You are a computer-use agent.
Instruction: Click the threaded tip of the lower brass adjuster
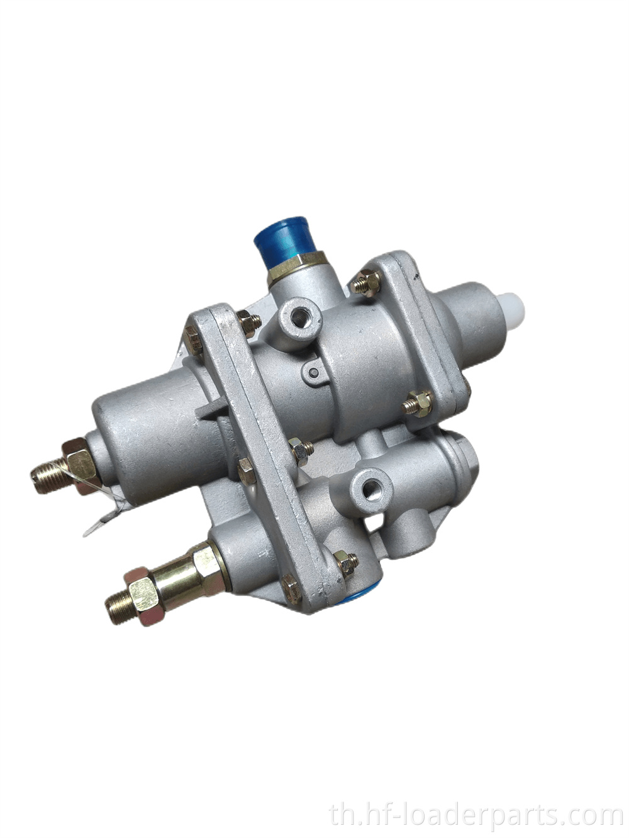[x=118, y=607]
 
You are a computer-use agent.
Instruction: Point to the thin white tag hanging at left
[x=104, y=512]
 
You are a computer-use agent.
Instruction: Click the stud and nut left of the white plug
[x=418, y=402]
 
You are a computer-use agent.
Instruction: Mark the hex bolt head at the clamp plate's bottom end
[x=291, y=588]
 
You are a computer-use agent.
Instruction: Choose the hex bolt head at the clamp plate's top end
[x=194, y=340]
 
